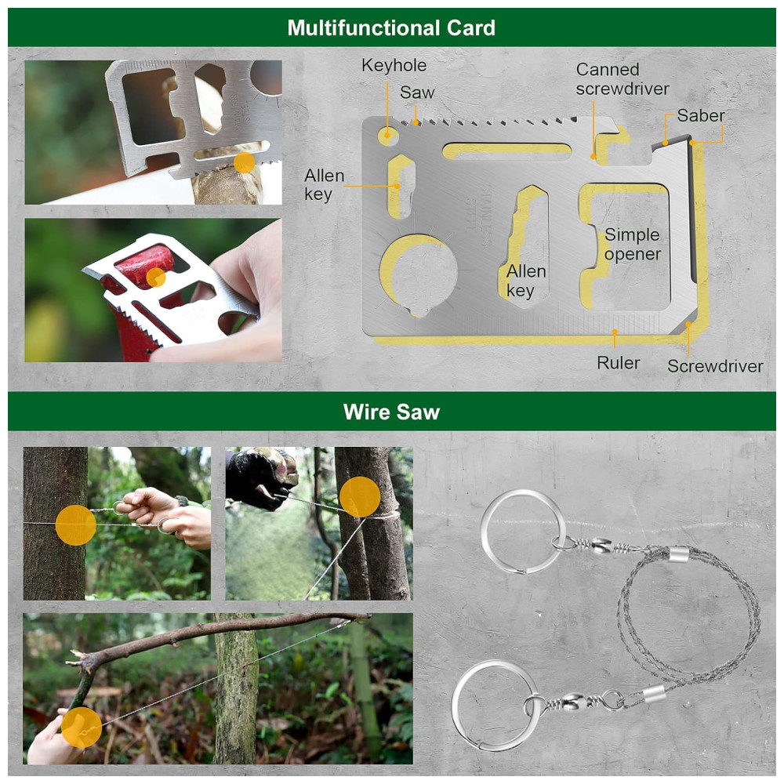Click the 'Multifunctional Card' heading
coord(391,27)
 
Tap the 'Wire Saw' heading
coord(391,412)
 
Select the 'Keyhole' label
coord(394,65)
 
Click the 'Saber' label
coord(700,115)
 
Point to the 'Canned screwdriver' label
coord(622,79)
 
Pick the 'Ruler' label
coord(618,362)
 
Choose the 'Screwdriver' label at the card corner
coord(715,365)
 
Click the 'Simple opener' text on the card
coord(633,245)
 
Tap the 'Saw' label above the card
coord(417,93)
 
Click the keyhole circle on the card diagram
coord(387,136)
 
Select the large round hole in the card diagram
coord(419,273)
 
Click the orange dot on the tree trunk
coord(75,524)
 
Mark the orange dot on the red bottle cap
coord(156,278)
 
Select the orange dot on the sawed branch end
coord(82,727)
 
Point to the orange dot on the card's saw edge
coord(244,163)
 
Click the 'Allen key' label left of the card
coord(324,184)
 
